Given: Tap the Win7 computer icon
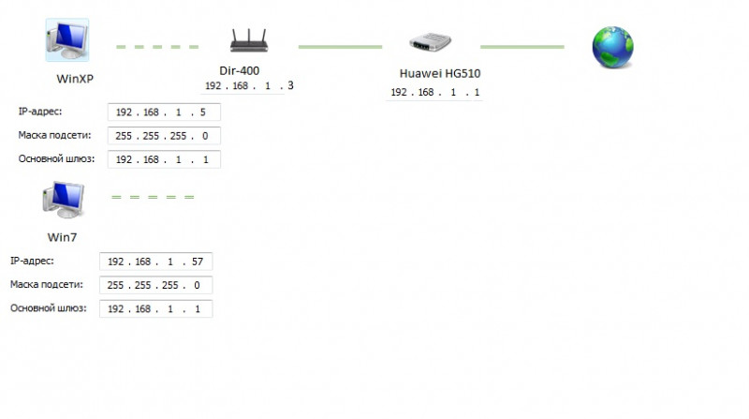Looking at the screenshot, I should pyautogui.click(x=62, y=200).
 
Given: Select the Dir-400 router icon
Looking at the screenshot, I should pyautogui.click(x=249, y=41).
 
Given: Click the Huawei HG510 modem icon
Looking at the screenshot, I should pyautogui.click(x=432, y=43).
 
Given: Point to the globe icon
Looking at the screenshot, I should pyautogui.click(x=612, y=47).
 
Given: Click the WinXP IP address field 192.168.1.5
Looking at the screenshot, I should pyautogui.click(x=165, y=112).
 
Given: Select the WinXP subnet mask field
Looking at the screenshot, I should pyautogui.click(x=165, y=136).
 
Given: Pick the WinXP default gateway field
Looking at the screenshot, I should pyautogui.click(x=165, y=159).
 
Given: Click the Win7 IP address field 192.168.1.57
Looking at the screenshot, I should pyautogui.click(x=155, y=262).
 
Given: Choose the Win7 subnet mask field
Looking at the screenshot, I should pyautogui.click(x=155, y=285).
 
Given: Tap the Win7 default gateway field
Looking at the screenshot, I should pyautogui.click(x=155, y=308).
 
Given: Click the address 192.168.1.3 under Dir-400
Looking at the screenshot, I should pyautogui.click(x=249, y=86).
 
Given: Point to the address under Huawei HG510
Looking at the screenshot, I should pyautogui.click(x=435, y=93).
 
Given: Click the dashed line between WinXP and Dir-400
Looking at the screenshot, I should pyautogui.click(x=157, y=46).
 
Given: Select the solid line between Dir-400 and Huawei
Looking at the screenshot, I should pyautogui.click(x=340, y=46).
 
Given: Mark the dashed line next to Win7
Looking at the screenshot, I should pyautogui.click(x=153, y=197).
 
